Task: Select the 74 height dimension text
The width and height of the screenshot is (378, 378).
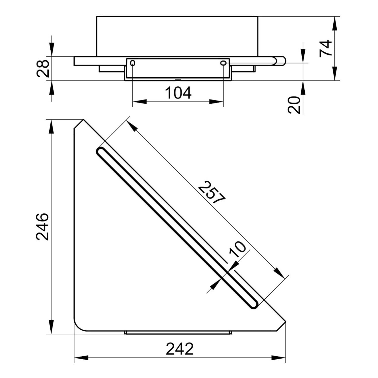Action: pos(326,48)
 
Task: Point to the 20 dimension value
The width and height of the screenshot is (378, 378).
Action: pos(294,105)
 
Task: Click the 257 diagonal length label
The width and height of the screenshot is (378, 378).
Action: pos(211,192)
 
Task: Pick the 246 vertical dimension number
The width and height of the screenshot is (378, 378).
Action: pos(42,227)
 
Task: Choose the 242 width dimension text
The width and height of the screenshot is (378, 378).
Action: pos(180,349)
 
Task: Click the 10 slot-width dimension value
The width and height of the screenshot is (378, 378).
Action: pos(237,249)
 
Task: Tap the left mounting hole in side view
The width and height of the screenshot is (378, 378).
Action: pos(133,63)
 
